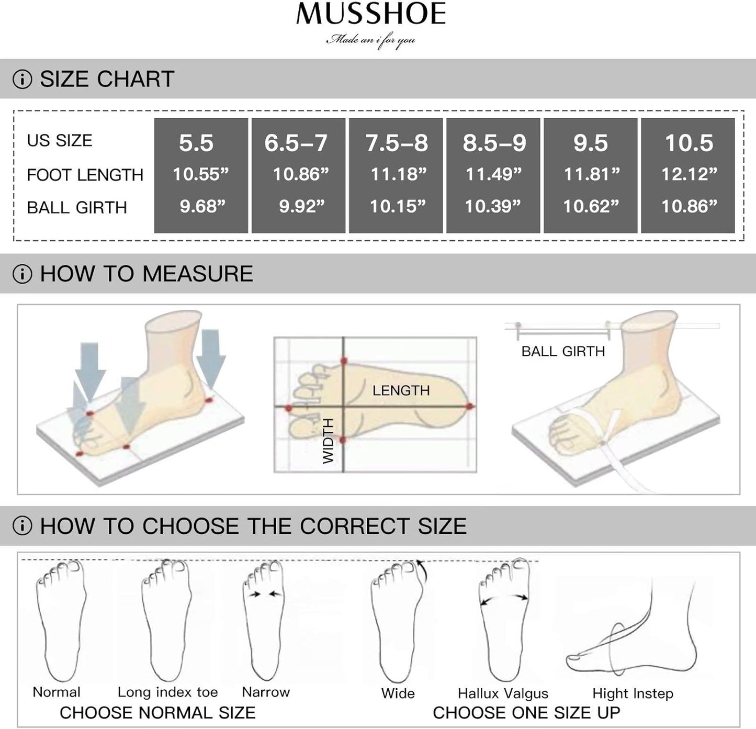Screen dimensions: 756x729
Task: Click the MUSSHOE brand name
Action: click(371, 14)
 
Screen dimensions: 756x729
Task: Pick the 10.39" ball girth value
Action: click(493, 206)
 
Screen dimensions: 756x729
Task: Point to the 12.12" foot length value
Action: click(689, 174)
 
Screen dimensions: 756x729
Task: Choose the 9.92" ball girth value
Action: click(301, 206)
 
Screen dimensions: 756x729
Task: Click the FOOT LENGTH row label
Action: click(85, 175)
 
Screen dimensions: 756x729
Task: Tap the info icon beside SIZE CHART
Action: click(22, 79)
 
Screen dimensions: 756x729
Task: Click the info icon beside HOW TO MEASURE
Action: click(22, 274)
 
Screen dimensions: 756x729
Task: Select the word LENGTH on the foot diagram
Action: click(401, 390)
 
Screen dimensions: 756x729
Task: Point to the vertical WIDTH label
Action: click(328, 441)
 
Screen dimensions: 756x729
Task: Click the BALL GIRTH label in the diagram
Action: click(563, 351)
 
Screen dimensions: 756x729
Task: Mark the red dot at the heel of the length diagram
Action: click(469, 407)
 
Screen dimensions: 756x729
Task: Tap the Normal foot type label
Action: click(57, 692)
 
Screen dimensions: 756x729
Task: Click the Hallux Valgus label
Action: click(503, 693)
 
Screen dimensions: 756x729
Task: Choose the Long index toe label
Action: click(168, 692)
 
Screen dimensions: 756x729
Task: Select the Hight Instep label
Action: click(633, 693)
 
